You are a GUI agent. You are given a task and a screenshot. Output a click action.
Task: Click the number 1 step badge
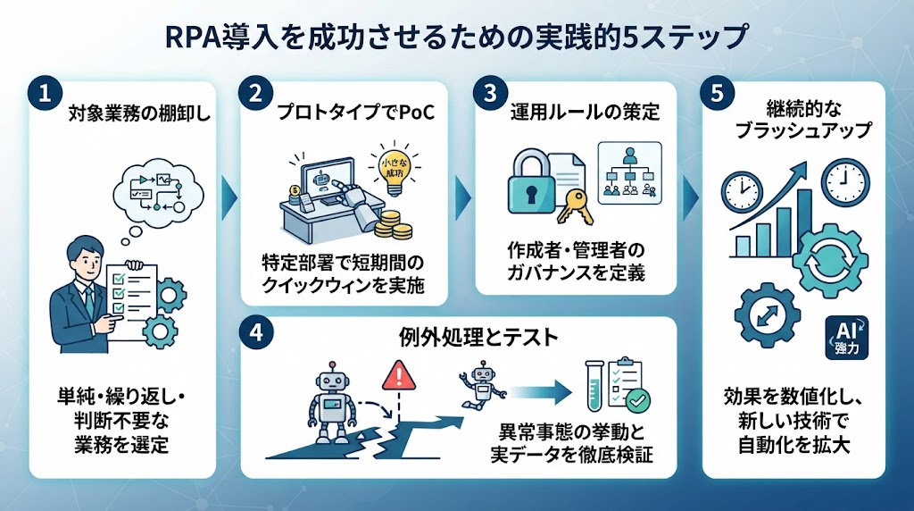coord(45,93)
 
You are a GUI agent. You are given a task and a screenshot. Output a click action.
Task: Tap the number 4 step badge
coord(256,333)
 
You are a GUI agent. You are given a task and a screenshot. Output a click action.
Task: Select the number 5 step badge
coord(717,93)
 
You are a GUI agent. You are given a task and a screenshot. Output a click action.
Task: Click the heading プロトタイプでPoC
coord(355,112)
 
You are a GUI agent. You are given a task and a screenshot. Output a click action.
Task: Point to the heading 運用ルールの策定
coord(585,112)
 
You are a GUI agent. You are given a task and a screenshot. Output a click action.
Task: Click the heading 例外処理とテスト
coord(478,337)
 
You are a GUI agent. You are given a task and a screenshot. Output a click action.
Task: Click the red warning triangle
coord(399,374)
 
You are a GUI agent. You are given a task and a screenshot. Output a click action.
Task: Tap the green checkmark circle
coord(637,400)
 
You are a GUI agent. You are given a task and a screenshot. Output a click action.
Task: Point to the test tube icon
coord(594,386)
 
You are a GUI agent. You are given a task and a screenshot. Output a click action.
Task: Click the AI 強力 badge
coord(847,337)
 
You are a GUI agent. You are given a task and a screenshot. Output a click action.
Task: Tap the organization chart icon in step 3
coord(629,172)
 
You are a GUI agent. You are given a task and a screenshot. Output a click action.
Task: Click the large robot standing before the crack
coord(331,403)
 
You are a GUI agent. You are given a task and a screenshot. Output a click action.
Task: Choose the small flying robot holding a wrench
coord(481,383)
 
